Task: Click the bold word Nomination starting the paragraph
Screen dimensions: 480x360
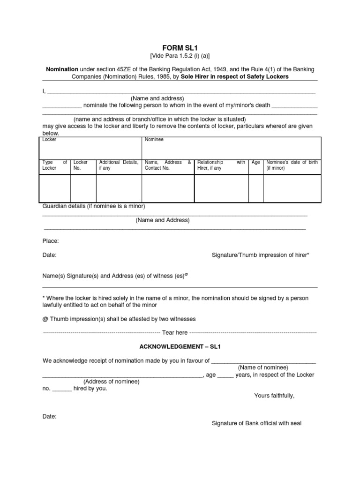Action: (x=62, y=69)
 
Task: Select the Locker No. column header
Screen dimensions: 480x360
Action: (x=81, y=165)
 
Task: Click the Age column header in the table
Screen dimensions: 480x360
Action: (x=255, y=162)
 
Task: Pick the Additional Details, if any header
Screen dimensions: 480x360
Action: (x=119, y=165)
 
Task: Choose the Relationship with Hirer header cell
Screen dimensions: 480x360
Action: (x=221, y=165)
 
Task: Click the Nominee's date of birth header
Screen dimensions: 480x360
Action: (x=292, y=165)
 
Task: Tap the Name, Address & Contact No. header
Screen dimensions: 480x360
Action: (x=168, y=165)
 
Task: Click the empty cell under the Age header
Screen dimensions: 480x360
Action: (x=255, y=189)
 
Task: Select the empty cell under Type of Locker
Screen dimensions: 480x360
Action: (x=55, y=189)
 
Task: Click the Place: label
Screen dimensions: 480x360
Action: (x=51, y=241)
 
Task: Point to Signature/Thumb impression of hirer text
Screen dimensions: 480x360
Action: (x=260, y=255)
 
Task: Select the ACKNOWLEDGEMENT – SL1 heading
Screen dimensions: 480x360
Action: (x=180, y=347)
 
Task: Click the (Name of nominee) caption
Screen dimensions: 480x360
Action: (x=263, y=367)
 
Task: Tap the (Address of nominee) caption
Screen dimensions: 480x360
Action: (x=112, y=382)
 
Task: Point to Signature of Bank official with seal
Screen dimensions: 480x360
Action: (x=256, y=423)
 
